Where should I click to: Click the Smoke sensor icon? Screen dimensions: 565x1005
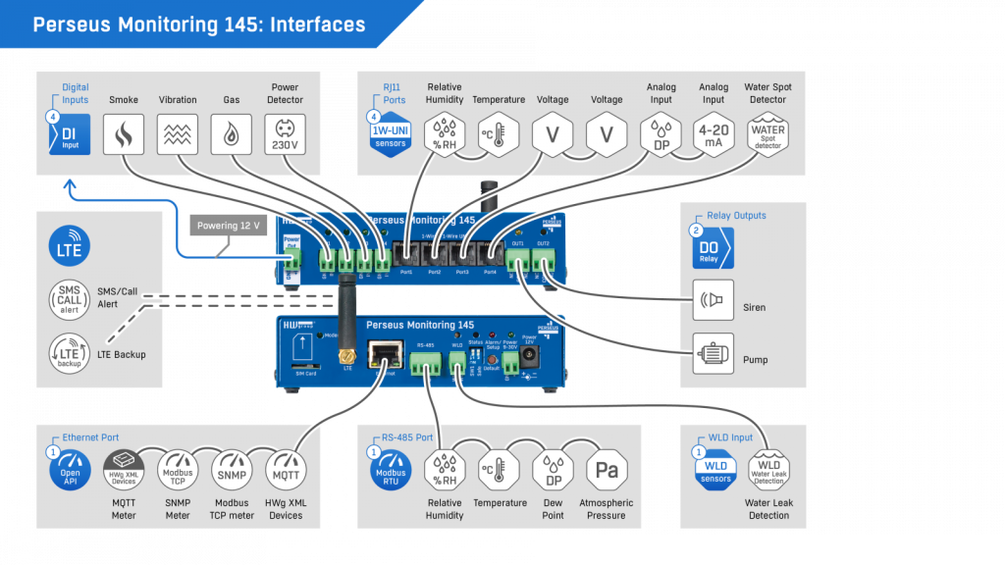coord(124,134)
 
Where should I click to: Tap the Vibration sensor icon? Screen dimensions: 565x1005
coord(178,134)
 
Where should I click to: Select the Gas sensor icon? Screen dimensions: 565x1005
coord(232,134)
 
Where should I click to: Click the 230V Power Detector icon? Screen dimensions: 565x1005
coord(285,134)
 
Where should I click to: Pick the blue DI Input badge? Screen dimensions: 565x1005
coord(70,134)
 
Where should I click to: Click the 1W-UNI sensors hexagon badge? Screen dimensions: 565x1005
coord(391,134)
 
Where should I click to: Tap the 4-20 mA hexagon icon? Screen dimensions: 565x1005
coord(714,134)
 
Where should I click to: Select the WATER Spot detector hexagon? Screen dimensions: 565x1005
coord(767,134)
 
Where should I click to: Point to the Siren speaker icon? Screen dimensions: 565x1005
coord(713,300)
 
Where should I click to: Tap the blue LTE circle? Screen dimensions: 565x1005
coord(70,246)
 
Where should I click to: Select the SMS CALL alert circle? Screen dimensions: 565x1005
coord(70,298)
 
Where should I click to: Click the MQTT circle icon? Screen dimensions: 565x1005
coord(286,471)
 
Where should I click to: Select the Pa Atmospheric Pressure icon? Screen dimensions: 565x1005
coord(607,471)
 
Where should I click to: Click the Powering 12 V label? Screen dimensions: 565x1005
coord(228,227)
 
